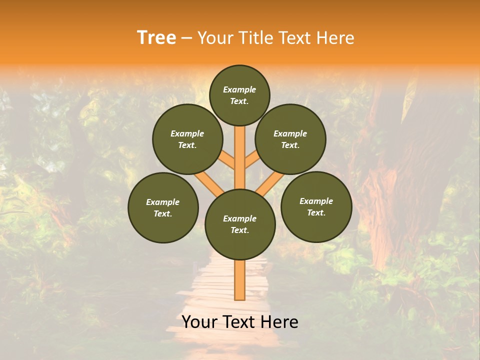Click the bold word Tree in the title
[156, 38]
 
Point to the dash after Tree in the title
[186, 38]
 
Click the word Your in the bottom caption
[199, 322]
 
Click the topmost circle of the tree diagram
[239, 95]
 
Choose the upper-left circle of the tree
[187, 139]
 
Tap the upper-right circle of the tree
[290, 139]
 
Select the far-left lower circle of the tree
[163, 207]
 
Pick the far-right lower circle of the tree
[316, 206]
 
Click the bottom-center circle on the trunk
[240, 224]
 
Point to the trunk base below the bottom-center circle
[240, 280]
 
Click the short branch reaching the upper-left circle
[228, 160]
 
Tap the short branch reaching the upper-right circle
[251, 160]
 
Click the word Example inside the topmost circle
[239, 89]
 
